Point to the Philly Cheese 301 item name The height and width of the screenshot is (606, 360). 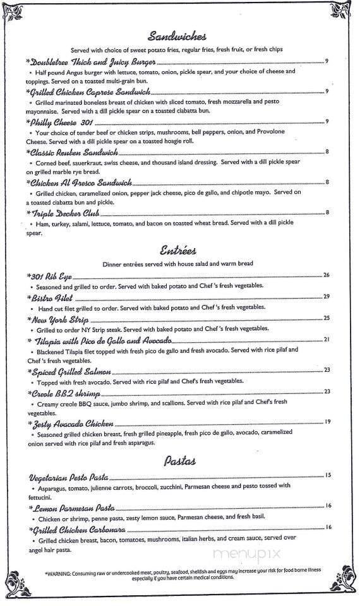(61, 122)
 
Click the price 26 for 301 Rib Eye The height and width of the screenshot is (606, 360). (327, 275)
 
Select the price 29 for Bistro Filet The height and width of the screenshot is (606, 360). (327, 297)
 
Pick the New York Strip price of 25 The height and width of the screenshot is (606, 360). (327, 318)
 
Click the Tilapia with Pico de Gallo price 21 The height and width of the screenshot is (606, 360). (327, 340)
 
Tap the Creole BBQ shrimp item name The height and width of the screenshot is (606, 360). (65, 392)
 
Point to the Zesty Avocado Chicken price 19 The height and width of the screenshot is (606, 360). (327, 422)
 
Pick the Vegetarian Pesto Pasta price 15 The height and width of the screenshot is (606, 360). (328, 475)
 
